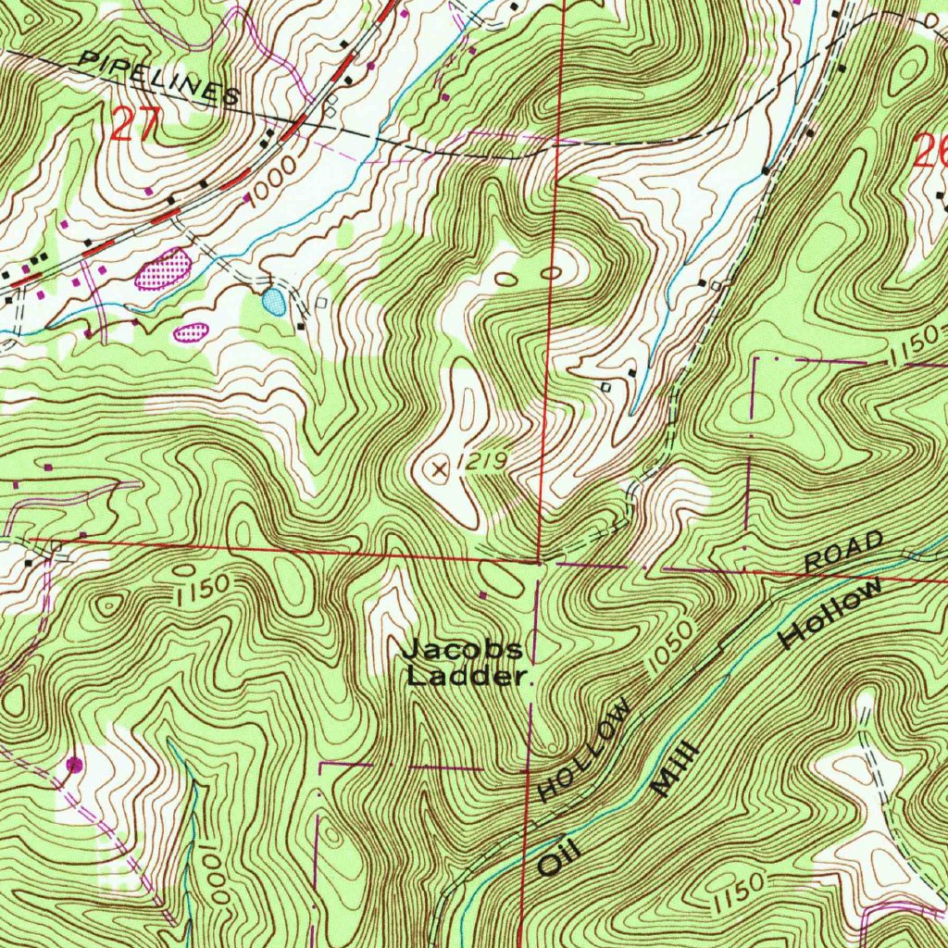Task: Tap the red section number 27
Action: pyautogui.click(x=136, y=124)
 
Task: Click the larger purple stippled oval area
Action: pyautogui.click(x=164, y=269)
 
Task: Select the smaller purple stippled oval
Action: pyautogui.click(x=191, y=331)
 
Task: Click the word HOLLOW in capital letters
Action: pyautogui.click(x=586, y=751)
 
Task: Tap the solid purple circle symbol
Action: pyautogui.click(x=75, y=765)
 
